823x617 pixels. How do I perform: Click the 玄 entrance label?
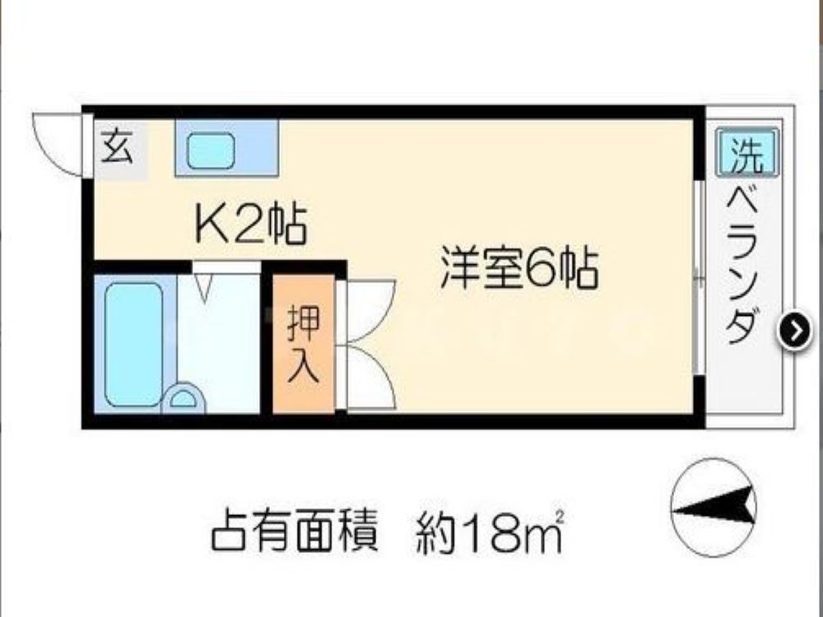point(116,147)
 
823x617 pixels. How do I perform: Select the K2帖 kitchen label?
point(250,225)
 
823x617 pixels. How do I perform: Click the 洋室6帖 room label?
point(519,269)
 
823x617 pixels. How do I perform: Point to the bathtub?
point(134,344)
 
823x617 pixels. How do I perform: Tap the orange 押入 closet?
point(304,343)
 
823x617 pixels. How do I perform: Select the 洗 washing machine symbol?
point(747,152)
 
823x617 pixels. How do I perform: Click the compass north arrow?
point(714,507)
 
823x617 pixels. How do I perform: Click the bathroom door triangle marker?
point(205,287)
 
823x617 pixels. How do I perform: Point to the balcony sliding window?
point(698,278)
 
